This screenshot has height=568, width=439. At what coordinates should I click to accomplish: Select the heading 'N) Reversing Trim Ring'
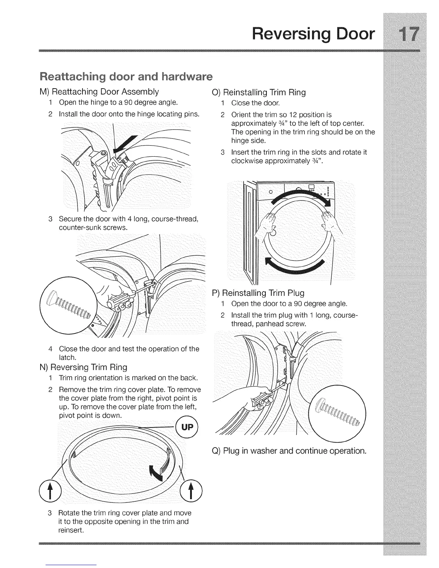pos(84,367)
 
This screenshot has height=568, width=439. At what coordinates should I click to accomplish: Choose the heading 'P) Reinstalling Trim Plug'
pos(258,293)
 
